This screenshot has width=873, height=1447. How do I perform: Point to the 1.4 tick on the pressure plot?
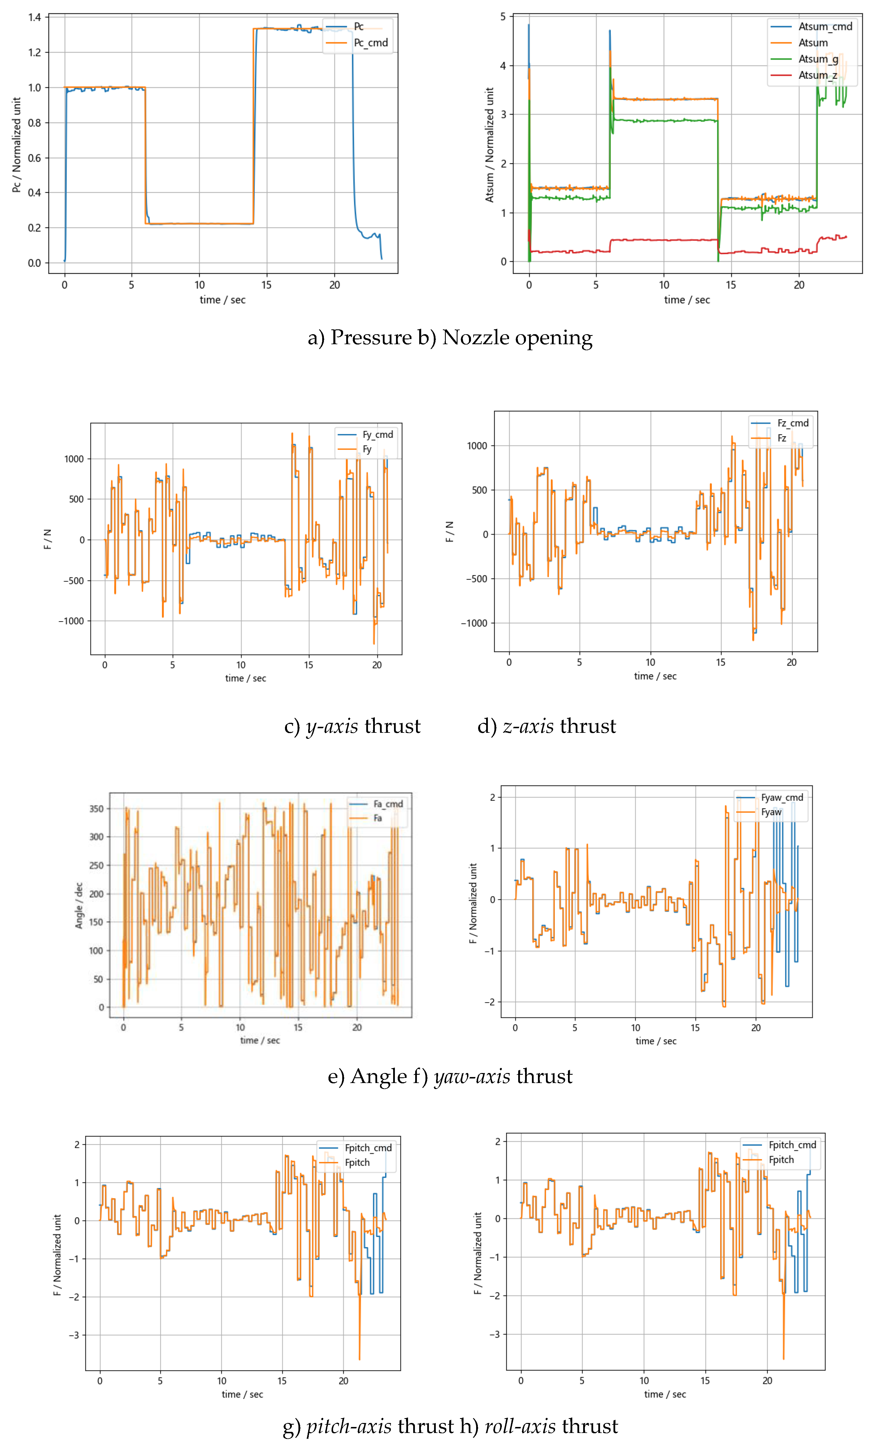pyautogui.click(x=35, y=17)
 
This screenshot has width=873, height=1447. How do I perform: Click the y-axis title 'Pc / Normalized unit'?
pyautogui.click(x=16, y=145)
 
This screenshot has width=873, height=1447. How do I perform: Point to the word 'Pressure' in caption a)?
pyautogui.click(x=371, y=338)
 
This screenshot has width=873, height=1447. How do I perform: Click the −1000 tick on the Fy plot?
pyautogui.click(x=71, y=621)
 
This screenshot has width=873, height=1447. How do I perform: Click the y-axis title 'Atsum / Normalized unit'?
pyautogui.click(x=489, y=145)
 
